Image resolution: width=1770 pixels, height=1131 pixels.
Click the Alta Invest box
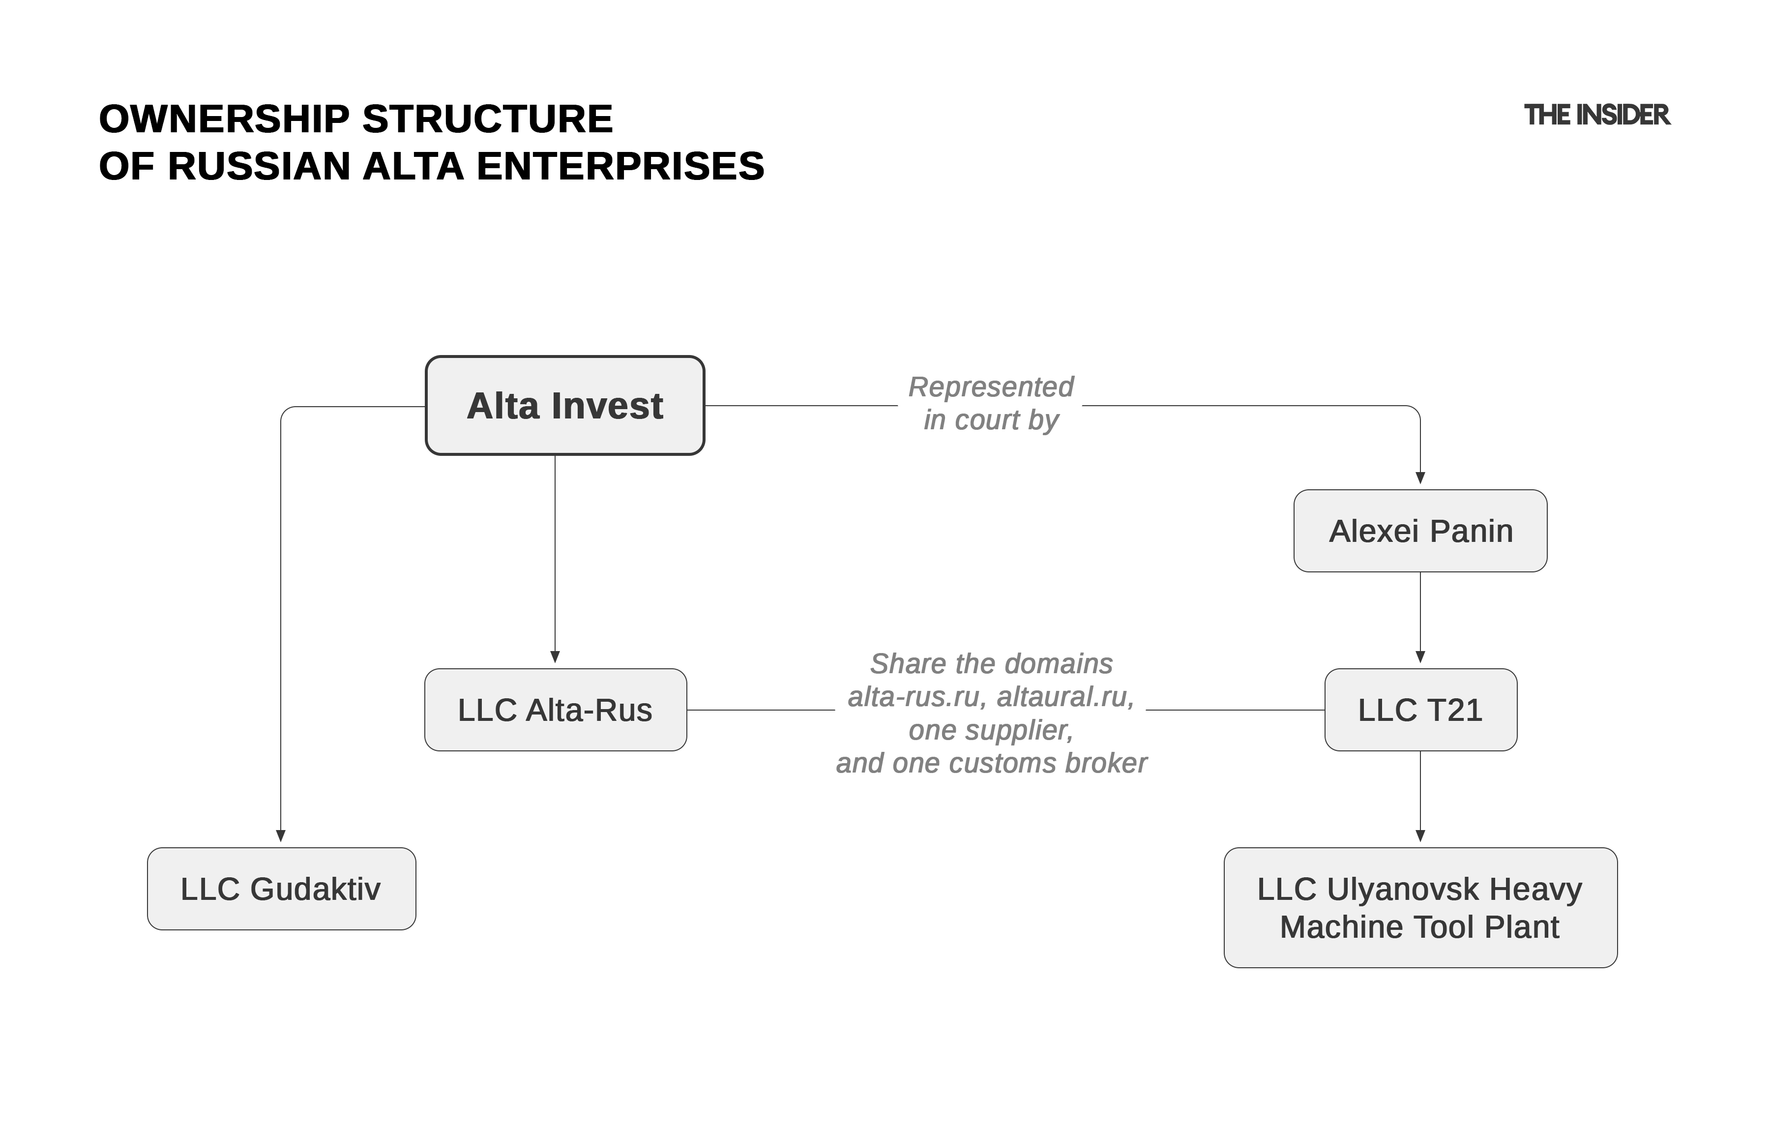[564, 405]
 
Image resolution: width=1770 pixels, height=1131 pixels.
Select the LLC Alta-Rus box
[555, 710]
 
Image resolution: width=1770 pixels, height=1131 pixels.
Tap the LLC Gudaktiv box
[281, 889]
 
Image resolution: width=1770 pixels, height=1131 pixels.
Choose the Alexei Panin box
[1420, 530]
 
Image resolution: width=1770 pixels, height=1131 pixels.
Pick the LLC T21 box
[1420, 710]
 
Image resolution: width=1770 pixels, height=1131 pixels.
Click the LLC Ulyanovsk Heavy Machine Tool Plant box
[1420, 907]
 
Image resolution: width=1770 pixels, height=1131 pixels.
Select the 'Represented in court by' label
[990, 403]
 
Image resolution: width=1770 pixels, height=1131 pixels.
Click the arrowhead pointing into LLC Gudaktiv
[280, 836]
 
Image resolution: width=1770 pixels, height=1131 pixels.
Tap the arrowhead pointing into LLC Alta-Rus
[555, 656]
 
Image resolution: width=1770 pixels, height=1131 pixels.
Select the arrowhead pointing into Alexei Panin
[1420, 478]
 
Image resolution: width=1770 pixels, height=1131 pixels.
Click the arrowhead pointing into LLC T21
[1420, 656]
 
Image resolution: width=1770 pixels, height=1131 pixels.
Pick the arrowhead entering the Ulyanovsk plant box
[1420, 836]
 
